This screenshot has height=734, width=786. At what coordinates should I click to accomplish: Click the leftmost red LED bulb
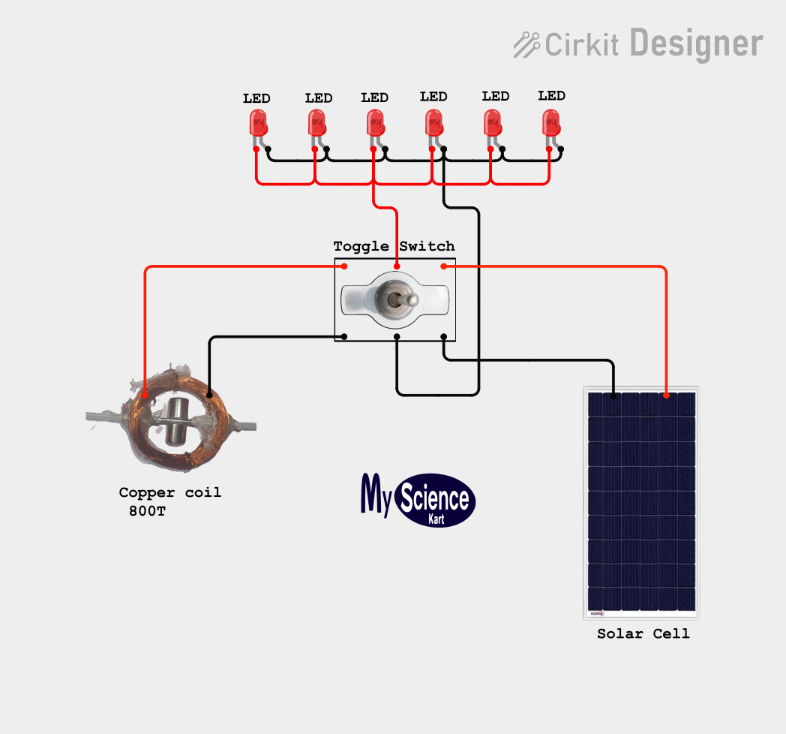(258, 123)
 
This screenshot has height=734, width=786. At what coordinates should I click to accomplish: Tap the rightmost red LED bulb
(551, 123)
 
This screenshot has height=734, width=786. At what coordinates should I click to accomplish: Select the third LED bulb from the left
(376, 123)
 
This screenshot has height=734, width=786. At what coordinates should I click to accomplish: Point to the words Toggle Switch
(394, 246)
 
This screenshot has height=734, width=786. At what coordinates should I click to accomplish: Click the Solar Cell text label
(643, 633)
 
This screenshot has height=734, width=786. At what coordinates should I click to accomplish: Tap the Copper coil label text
(170, 492)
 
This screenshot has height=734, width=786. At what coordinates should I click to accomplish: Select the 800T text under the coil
(147, 511)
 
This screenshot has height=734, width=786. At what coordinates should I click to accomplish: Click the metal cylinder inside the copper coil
(176, 421)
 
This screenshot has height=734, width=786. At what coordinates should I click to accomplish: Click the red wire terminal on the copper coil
(145, 395)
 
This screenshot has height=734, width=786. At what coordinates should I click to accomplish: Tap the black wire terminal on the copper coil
(209, 395)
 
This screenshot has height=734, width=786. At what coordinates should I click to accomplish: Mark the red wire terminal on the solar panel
(666, 396)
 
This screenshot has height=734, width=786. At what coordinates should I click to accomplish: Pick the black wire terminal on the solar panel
(613, 396)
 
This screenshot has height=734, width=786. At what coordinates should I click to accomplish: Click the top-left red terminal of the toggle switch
(343, 266)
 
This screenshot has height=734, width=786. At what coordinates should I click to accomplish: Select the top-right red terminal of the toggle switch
(444, 266)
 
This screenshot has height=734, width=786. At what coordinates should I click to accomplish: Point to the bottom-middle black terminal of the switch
(397, 337)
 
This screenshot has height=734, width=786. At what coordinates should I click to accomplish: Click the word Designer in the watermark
(696, 44)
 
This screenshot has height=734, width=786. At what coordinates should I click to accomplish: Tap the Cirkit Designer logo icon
(526, 44)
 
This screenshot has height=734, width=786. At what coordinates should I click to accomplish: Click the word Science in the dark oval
(434, 498)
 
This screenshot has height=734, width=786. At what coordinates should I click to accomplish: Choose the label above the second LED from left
(319, 98)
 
